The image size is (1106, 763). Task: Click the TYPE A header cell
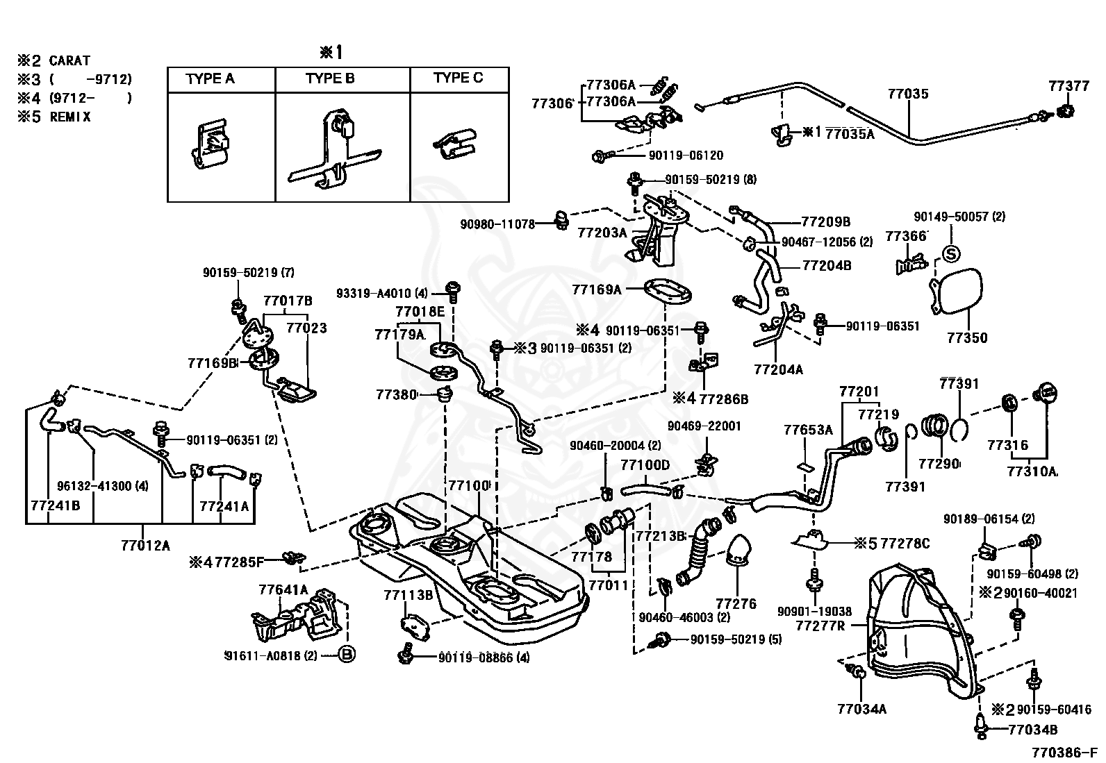click(210, 79)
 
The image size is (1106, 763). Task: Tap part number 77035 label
click(907, 93)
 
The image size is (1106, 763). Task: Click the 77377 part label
click(1068, 85)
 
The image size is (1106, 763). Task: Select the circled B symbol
click(347, 654)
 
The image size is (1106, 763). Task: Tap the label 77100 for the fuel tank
click(469, 485)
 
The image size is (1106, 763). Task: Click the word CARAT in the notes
click(69, 61)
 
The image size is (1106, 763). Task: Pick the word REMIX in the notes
click(70, 117)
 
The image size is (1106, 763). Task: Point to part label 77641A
click(283, 590)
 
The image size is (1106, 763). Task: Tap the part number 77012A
click(145, 546)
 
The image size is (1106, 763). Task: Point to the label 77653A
click(808, 430)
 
